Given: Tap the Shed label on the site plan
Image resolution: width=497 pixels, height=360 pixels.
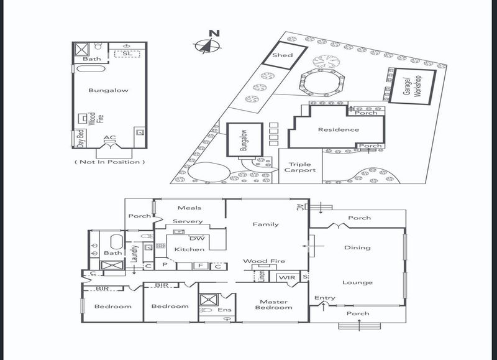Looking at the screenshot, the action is [x=283, y=55].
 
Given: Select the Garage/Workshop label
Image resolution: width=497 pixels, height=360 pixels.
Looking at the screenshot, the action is [x=413, y=86].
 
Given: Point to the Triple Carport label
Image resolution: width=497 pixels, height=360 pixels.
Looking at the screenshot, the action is [x=300, y=167].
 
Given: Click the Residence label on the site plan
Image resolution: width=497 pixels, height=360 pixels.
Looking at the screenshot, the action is [x=338, y=129].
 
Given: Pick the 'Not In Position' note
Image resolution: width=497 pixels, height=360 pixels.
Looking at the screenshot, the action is [x=110, y=162].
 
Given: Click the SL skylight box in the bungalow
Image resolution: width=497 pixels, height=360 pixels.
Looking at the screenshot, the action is [x=127, y=53].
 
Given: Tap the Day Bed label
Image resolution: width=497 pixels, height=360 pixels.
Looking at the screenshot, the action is [x=81, y=138].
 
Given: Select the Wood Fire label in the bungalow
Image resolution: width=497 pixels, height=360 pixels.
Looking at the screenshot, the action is [x=96, y=118].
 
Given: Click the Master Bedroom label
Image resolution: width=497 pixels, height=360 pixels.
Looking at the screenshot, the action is [x=273, y=305].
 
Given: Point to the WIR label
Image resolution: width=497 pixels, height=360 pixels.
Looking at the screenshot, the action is [x=287, y=277].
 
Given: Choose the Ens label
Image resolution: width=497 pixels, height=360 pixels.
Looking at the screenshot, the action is [x=224, y=310].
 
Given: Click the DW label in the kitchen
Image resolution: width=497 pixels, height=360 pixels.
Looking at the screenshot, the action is [x=197, y=238].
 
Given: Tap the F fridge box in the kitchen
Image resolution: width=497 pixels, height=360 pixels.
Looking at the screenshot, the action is [x=200, y=265].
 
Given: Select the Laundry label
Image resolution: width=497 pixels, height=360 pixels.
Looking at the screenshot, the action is [x=135, y=253].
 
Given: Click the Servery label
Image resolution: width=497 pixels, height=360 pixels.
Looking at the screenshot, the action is [x=188, y=221].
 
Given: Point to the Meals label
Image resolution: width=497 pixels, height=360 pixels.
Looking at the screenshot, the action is [x=189, y=208].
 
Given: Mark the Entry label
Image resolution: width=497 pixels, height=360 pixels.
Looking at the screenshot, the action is [x=324, y=298].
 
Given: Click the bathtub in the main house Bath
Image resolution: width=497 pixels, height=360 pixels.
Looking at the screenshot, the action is [x=116, y=242].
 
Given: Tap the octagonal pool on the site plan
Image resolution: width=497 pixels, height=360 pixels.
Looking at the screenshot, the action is [x=322, y=82].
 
